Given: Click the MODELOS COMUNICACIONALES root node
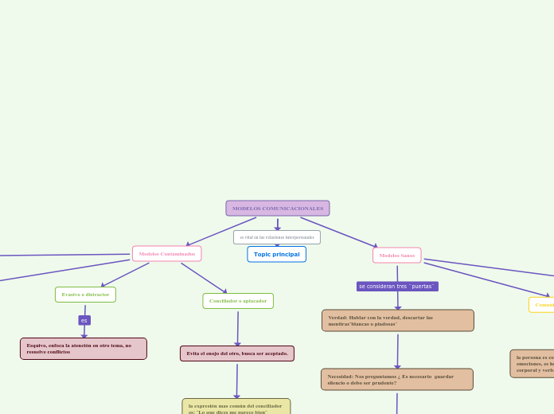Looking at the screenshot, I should coord(277,209).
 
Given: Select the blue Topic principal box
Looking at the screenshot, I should coord(276,254).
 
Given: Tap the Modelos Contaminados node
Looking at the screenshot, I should coord(166,254).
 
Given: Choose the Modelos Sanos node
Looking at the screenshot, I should coord(396,256).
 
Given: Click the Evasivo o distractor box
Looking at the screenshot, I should coord(85,295).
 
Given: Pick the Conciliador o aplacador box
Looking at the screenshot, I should coord(238,301).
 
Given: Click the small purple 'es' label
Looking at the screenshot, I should coord(84,320).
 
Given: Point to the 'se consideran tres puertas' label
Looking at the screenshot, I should coord(397,286).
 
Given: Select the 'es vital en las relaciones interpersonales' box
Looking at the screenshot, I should coord(276,237).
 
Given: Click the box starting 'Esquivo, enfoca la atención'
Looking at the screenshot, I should coord(84,349).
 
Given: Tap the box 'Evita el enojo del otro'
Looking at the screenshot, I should coord(237,353).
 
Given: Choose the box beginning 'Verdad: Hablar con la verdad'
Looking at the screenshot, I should coord(397,320).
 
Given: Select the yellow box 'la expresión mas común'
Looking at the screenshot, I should coord(236,407).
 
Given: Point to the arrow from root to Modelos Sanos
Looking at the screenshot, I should coord(338,232).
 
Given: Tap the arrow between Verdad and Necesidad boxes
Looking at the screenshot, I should coord(397,350).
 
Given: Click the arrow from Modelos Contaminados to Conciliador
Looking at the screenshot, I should coord(204,278).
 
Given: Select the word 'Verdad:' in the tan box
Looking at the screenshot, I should coord(337,317).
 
